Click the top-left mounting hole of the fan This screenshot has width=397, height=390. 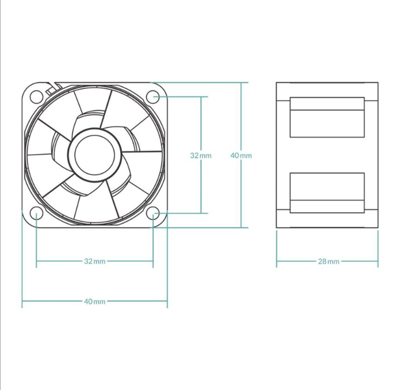36,97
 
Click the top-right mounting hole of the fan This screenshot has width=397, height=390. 153,97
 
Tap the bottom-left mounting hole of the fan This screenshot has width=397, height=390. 36,213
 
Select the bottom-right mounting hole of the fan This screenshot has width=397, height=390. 153,213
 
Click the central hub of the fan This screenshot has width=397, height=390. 94,155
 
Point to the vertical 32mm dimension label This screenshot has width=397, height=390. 201,155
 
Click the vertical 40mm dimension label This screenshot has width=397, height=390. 241,155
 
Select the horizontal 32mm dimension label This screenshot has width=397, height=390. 95,261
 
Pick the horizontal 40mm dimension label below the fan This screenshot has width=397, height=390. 95,301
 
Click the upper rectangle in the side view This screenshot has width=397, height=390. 327,117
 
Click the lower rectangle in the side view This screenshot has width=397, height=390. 327,193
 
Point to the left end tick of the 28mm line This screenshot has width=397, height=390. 277,261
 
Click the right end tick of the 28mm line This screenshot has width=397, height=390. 378,261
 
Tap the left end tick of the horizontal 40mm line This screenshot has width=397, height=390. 22,301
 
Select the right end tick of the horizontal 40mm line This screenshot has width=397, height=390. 167,301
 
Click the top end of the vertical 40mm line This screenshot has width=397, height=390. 241,82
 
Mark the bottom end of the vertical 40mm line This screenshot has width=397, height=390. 241,227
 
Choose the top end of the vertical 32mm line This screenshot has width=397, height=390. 201,97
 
